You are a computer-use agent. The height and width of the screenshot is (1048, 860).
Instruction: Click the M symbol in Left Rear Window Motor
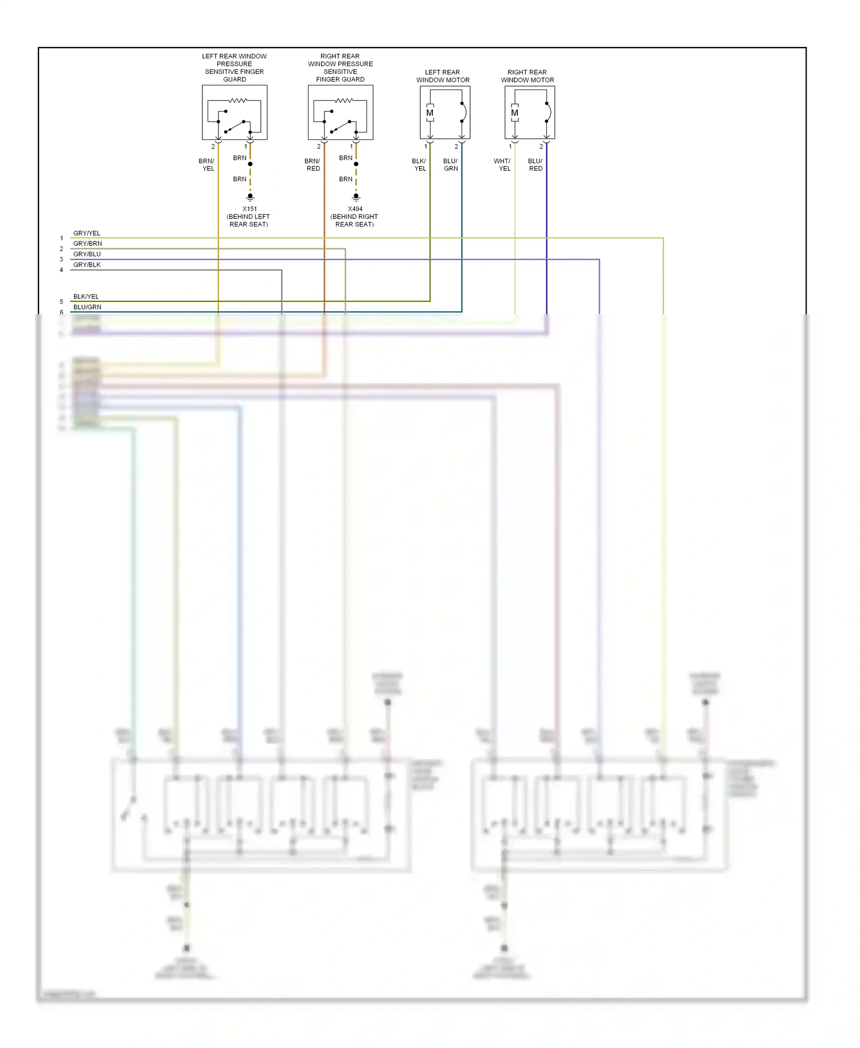tap(429, 113)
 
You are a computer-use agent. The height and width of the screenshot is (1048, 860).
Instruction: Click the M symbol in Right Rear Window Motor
tap(514, 113)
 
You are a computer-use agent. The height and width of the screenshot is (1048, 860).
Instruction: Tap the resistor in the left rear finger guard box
tap(238, 101)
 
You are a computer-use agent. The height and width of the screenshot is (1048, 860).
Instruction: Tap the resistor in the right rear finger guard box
tap(344, 101)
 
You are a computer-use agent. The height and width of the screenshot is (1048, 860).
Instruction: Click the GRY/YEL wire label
tap(87, 233)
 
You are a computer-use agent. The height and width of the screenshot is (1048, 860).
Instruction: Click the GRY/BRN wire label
tap(88, 244)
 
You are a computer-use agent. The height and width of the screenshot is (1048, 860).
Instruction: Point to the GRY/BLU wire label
tap(87, 254)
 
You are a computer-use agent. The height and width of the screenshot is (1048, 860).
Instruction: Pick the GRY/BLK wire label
tap(87, 265)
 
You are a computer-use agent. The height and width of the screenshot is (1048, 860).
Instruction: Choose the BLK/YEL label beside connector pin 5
tap(86, 296)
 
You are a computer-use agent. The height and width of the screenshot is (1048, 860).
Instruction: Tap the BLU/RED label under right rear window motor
tap(535, 165)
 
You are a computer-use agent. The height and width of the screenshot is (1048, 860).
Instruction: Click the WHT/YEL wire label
tap(503, 165)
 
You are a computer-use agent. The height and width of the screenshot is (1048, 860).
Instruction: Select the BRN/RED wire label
tap(312, 165)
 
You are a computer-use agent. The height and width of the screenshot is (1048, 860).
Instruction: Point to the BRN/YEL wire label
tap(207, 165)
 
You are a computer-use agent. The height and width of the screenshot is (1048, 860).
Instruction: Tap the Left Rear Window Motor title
tap(443, 76)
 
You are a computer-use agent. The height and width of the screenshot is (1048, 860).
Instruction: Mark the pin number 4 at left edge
tap(61, 270)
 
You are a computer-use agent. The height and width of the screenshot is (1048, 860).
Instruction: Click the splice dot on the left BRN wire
tap(250, 164)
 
